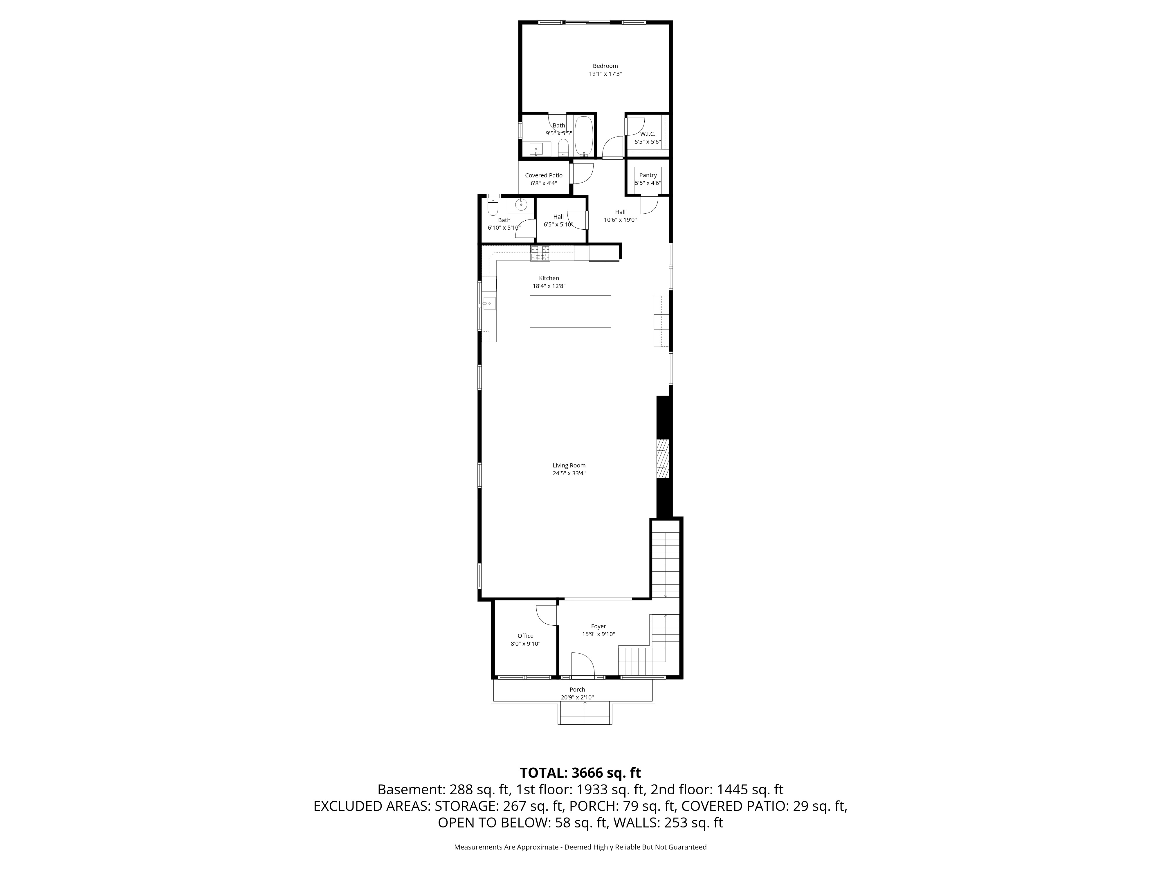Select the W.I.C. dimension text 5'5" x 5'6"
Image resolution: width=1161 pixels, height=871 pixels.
click(x=647, y=142)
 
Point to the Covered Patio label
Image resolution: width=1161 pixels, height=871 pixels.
click(x=543, y=175)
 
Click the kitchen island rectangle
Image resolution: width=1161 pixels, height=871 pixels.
click(x=570, y=311)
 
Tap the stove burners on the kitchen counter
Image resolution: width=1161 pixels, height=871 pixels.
click(x=540, y=253)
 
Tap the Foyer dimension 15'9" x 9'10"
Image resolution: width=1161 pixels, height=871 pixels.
click(x=598, y=634)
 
